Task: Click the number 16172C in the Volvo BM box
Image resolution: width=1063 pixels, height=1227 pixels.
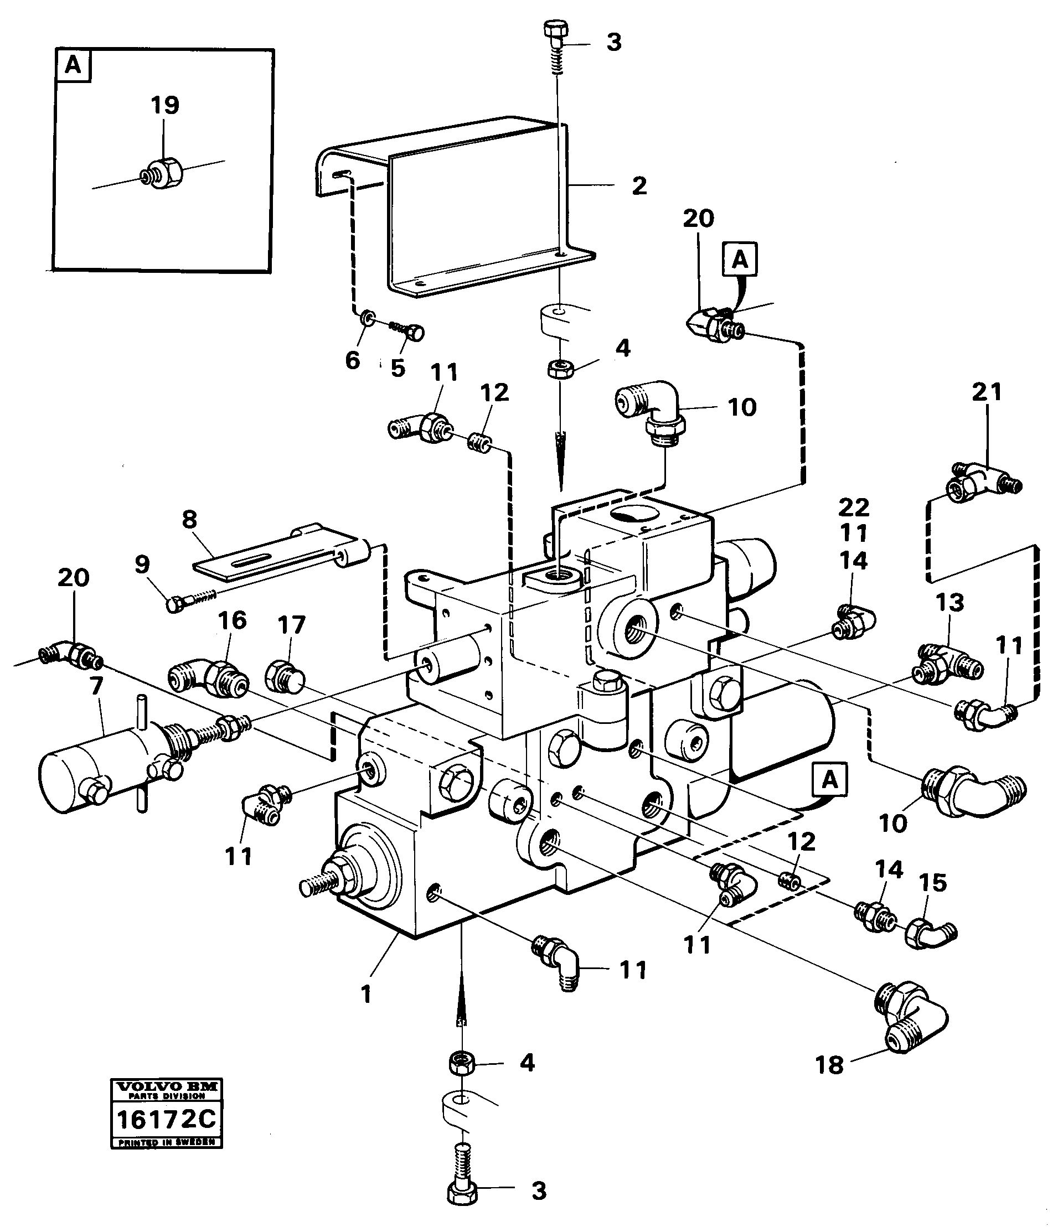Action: [x=167, y=1120]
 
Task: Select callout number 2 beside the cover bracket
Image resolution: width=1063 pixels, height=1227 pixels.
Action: [x=639, y=185]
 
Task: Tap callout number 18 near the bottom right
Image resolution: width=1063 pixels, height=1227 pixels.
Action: [x=829, y=1065]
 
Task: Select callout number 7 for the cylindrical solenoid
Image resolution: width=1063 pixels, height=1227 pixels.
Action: [x=96, y=686]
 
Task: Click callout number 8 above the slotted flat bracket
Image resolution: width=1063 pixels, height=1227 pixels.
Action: [x=189, y=520]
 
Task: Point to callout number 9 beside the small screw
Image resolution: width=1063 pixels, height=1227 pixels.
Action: [x=142, y=565]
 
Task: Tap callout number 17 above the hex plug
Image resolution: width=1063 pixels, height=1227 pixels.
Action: [x=291, y=624]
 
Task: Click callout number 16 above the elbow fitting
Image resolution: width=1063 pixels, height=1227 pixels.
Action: [x=231, y=620]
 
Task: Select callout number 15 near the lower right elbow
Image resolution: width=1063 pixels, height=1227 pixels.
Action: [x=932, y=882]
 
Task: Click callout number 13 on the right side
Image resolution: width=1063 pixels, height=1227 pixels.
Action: [x=950, y=603]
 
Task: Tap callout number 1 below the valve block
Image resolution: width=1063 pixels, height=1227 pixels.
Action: [x=366, y=994]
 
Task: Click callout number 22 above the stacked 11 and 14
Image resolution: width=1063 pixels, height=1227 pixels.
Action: [x=854, y=507]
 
